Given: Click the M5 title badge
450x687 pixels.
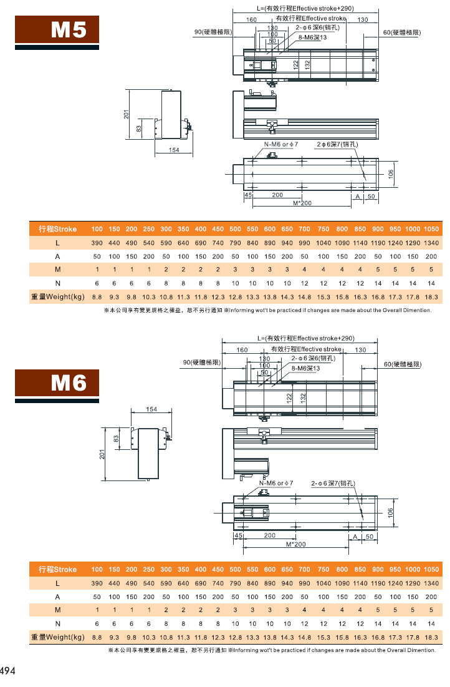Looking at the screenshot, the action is click(57, 29).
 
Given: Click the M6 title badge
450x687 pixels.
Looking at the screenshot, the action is click(57, 383).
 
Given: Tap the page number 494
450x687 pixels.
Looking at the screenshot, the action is click(7, 670).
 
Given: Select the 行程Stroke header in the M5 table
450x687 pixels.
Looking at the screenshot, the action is click(57, 229).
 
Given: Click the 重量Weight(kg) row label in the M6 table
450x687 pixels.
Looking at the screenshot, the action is click(57, 637).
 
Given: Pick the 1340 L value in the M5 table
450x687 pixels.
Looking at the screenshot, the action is click(431, 243).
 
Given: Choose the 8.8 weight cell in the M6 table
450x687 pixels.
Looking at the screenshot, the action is click(97, 638).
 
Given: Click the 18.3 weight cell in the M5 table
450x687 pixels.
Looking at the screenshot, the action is click(431, 297).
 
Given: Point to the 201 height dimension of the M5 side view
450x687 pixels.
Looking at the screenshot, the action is click(126, 114).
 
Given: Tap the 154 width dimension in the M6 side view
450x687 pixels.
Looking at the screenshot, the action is click(151, 409).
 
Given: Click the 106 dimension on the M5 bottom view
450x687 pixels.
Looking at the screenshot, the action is click(390, 174).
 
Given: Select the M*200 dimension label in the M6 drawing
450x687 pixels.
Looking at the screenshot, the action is click(296, 544).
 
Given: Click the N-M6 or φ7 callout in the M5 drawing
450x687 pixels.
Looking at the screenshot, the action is click(280, 144).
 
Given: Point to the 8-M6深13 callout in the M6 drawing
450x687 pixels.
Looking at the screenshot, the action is click(305, 368).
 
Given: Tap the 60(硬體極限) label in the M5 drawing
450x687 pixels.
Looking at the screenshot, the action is click(402, 32).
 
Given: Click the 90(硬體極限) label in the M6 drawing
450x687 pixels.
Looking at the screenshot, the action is click(202, 363).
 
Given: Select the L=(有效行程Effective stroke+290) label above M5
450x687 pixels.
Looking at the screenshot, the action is click(305, 8).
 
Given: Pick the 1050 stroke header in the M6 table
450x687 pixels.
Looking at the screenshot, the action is click(431, 570).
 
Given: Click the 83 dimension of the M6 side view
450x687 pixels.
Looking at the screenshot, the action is click(116, 439).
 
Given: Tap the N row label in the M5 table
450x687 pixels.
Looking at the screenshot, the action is click(57, 283).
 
